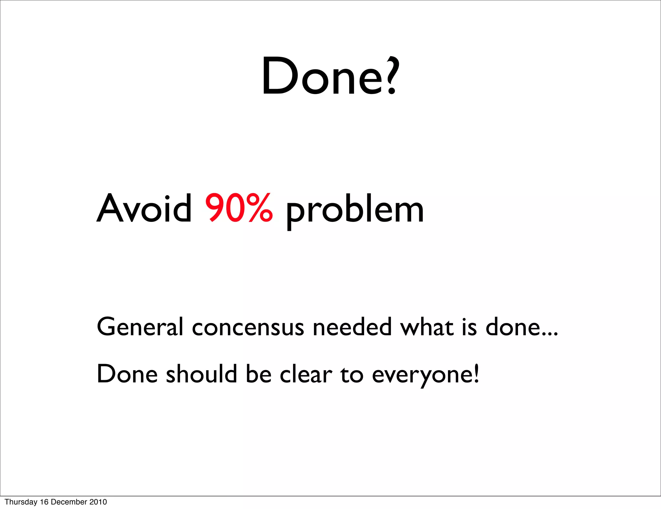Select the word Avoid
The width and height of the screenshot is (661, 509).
coord(144,209)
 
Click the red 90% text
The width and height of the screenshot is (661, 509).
coord(239,208)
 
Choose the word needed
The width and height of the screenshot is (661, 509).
coord(352,327)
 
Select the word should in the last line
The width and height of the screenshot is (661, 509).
coord(201,374)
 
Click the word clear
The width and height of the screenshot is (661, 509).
coord(306,374)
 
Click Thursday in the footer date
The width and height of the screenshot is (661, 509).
coord(21,502)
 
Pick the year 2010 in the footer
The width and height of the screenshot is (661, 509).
coord(98,502)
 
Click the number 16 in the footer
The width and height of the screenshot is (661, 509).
coord(44,502)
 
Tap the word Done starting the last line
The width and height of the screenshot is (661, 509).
coord(127,374)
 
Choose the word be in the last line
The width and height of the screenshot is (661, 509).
coord(258,374)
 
